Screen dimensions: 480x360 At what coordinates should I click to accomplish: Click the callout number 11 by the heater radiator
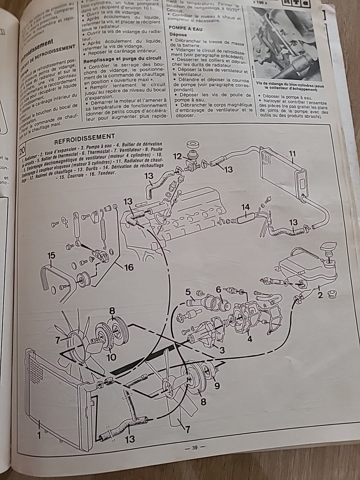tap(292, 154)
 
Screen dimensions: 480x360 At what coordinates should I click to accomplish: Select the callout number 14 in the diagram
tap(245, 208)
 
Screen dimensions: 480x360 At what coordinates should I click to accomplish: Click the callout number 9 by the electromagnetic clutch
tap(217, 386)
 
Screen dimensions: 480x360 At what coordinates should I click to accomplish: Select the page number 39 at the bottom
tap(195, 447)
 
